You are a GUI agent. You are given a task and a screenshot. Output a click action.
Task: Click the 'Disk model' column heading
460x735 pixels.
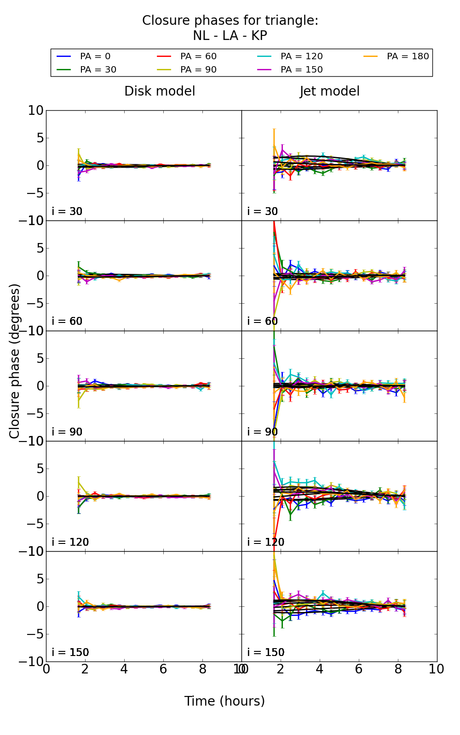coord(160,91)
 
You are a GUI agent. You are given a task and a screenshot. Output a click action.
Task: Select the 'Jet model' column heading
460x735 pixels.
coord(330,91)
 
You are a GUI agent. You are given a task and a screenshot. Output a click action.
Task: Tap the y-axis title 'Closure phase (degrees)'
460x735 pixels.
coord(15,361)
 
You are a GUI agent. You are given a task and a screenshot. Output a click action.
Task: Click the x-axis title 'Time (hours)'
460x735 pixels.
coord(224,701)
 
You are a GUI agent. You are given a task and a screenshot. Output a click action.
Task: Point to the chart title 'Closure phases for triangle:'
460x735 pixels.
coord(230,21)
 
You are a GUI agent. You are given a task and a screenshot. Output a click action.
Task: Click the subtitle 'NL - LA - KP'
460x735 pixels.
coord(230,36)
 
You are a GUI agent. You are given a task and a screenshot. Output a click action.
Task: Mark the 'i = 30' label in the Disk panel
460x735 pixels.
coord(67,211)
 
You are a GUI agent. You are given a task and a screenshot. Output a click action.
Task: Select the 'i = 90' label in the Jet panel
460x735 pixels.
coord(263,432)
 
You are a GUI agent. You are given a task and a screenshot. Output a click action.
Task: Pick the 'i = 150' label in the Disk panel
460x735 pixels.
coord(70,652)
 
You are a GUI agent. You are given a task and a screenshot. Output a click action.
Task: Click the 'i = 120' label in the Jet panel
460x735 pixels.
coord(266,542)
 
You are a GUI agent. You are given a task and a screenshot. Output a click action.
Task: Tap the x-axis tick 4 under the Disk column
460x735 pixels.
coord(124,669)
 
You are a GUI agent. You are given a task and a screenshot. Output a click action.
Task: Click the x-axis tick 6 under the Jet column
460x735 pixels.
coord(359,669)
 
